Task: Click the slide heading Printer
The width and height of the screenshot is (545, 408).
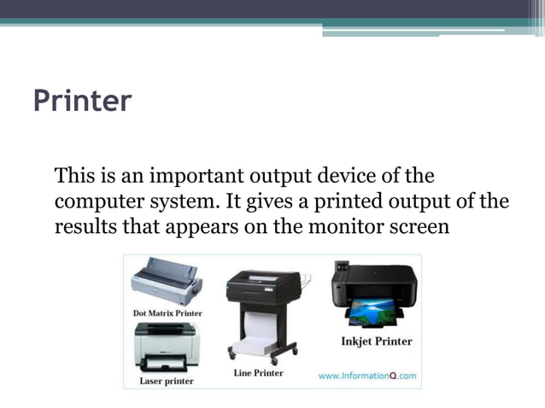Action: pos(82,101)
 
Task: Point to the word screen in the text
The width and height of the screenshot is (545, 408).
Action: pos(419,228)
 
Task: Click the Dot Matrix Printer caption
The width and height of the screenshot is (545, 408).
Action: pos(168,313)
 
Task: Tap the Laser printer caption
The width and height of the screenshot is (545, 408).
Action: pos(167,381)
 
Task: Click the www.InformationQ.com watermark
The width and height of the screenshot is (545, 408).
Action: pos(367,375)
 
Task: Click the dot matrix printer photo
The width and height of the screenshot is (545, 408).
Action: pos(167,282)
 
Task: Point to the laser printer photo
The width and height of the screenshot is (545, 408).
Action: pos(167,350)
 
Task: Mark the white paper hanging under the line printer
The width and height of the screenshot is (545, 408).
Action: pos(262,329)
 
